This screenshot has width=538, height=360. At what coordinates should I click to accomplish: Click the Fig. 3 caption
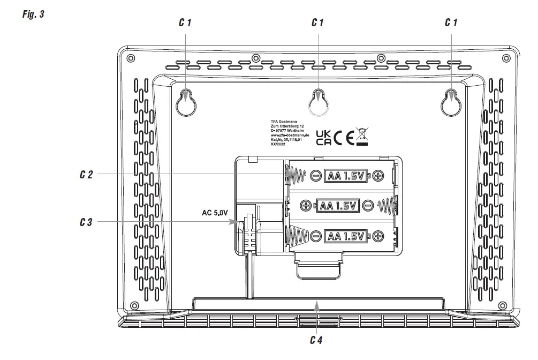33,14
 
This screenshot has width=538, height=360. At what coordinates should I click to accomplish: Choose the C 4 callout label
317,339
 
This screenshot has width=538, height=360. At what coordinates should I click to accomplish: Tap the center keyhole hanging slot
319,101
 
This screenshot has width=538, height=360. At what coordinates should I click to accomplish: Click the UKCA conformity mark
323,138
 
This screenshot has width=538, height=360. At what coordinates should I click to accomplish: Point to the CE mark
344,138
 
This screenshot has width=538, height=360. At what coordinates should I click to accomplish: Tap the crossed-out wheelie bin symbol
362,137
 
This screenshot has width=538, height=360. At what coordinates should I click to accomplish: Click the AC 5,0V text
215,213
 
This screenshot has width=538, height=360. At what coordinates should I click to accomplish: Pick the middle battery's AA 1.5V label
336,205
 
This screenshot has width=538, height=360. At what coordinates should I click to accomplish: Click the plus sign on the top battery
378,175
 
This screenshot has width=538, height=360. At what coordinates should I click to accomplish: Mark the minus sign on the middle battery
367,205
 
